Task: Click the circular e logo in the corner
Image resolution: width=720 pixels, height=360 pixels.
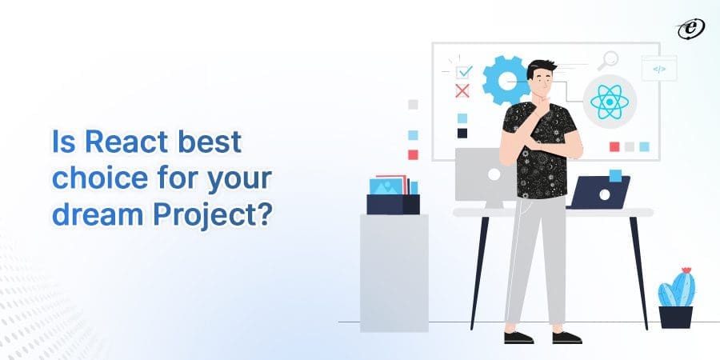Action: click(689, 29)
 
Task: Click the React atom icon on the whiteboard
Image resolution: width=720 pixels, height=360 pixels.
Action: click(606, 102)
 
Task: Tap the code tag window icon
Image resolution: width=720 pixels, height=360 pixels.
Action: click(658, 69)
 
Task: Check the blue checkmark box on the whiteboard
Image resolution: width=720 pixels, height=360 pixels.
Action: click(464, 73)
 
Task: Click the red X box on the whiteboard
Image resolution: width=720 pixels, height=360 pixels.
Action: click(462, 90)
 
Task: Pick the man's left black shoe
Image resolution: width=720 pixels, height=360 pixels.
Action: click(518, 336)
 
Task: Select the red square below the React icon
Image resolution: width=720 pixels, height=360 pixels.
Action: click(614, 146)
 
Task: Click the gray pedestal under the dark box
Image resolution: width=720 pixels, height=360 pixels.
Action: click(394, 272)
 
